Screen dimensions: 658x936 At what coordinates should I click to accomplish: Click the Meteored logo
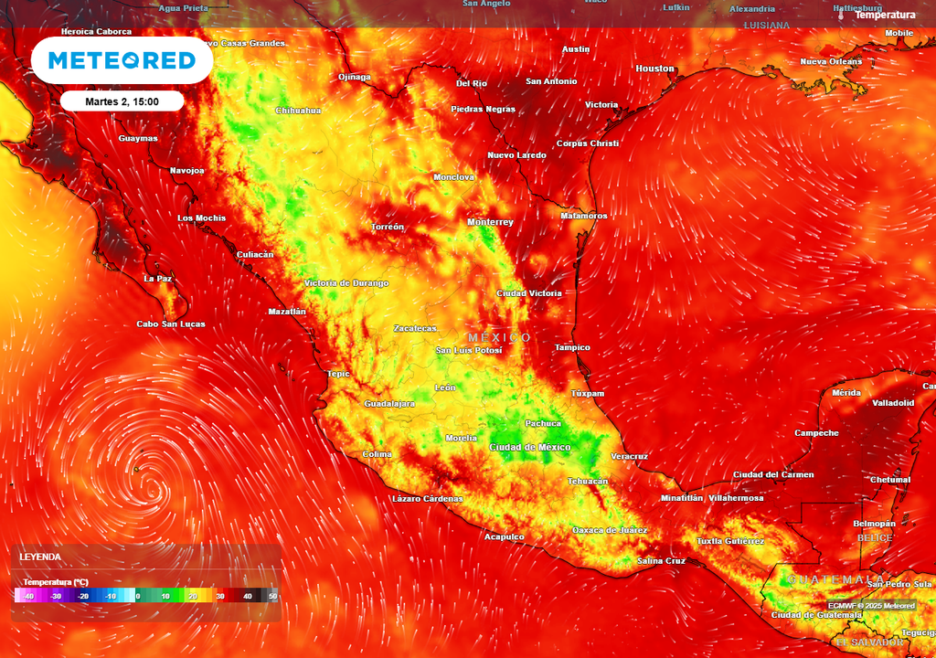pos(122,60)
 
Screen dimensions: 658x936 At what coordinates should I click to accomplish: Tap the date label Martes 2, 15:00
pos(122,101)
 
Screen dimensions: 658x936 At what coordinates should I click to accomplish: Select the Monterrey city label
pos(490,222)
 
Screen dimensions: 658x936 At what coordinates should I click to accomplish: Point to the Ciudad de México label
pos(530,447)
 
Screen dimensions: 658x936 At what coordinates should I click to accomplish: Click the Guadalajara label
pos(389,403)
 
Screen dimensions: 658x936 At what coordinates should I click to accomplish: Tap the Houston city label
pos(654,69)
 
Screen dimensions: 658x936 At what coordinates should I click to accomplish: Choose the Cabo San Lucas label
pos(171,324)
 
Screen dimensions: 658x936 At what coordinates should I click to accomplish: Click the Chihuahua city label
pos(298,111)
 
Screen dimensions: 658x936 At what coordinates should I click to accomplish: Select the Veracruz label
pos(629,456)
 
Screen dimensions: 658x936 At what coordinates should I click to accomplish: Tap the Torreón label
pos(388,227)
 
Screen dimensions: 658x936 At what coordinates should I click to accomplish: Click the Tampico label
pos(572,347)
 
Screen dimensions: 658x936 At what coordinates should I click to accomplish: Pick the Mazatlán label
pos(287,312)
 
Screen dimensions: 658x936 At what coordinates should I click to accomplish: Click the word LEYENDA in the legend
pos(40,557)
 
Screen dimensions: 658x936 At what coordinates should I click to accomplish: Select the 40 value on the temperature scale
pos(247,596)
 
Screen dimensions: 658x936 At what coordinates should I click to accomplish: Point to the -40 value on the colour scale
pos(28,596)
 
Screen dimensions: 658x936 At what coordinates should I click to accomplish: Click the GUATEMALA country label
pos(835,579)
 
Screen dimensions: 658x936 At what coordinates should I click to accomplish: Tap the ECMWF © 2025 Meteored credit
pos(871,606)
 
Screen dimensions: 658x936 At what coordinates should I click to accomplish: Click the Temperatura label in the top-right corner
pos(885,15)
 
